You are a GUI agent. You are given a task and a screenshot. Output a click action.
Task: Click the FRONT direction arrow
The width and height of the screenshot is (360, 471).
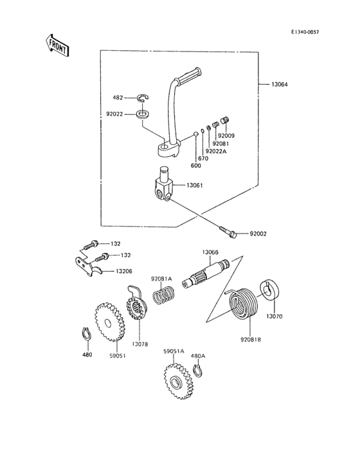coord(57,45)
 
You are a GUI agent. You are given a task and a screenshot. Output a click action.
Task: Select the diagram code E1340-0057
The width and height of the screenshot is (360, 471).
coord(305,32)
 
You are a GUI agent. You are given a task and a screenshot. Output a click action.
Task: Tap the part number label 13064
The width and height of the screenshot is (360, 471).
coord(279,85)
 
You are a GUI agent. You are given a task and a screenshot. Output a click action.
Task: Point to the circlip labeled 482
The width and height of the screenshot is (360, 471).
coord(144,98)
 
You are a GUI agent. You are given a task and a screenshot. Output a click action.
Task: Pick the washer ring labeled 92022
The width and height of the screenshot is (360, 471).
coord(143,115)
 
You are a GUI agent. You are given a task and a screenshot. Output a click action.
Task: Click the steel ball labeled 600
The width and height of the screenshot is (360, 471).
coord(195,134)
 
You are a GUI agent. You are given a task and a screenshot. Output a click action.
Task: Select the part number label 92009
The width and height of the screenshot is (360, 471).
coord(226,136)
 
